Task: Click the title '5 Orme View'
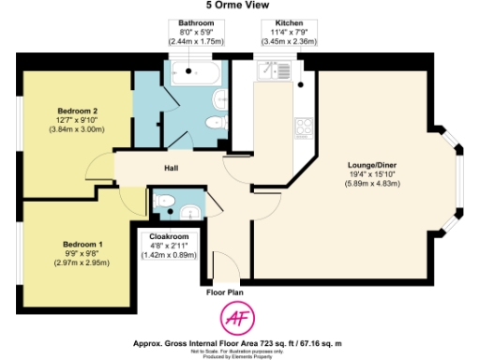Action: [240, 7]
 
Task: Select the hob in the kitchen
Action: [304, 127]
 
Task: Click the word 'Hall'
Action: [171, 169]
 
